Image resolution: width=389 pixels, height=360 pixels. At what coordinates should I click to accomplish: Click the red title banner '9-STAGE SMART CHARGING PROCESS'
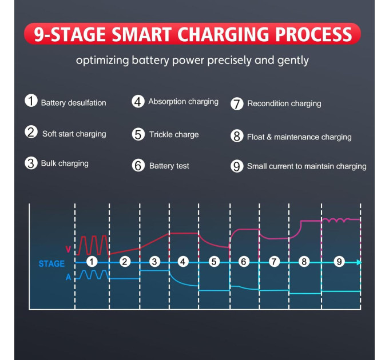pos(192,34)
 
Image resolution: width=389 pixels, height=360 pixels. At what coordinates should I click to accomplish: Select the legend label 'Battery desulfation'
pos(73,103)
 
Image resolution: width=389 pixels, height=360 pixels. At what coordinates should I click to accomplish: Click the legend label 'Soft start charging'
pos(74,134)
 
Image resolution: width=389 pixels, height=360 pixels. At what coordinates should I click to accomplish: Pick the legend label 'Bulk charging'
pos(65,163)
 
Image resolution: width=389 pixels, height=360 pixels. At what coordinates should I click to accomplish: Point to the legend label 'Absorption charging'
pos(183,102)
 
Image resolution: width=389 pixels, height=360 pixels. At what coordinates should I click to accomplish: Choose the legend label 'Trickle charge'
pos(174,134)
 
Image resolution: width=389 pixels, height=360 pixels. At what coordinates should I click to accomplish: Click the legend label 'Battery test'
pos(169,166)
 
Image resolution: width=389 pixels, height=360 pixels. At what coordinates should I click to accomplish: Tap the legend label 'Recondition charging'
pos(284,103)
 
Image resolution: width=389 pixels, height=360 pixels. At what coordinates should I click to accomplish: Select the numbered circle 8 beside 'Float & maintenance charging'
pos(237,136)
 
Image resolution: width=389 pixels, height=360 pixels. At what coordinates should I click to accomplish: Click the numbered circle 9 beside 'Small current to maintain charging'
pos(237,166)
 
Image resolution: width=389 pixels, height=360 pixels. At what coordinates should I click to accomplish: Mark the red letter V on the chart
pos(68,249)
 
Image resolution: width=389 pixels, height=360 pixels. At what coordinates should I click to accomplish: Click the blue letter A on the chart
pos(69,277)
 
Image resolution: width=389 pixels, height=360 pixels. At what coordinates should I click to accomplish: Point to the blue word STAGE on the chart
pos(51,263)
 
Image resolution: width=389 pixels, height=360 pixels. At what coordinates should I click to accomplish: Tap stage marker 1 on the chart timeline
pos(92,262)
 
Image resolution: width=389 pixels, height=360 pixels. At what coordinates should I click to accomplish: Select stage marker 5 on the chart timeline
pos(214,262)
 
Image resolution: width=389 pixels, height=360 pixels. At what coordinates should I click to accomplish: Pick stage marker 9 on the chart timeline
pos(339,261)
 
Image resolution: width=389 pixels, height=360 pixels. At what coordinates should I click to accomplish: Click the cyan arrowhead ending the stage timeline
pos(359,262)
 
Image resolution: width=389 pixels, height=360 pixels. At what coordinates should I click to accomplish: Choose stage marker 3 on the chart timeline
pos(154,262)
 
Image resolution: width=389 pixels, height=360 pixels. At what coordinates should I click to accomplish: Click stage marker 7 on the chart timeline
pos(274,262)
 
